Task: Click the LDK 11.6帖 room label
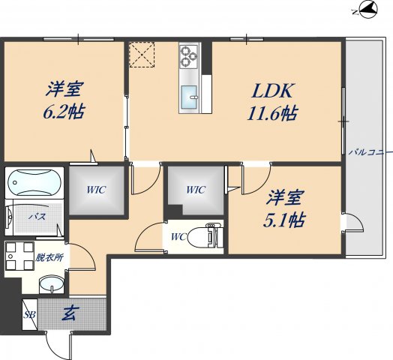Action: click(x=272, y=103)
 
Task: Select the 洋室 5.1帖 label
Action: click(x=287, y=211)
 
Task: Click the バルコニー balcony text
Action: click(x=370, y=152)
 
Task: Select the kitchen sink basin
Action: click(x=188, y=95)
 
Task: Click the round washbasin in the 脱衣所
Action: click(x=52, y=284)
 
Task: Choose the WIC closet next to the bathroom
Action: click(x=96, y=190)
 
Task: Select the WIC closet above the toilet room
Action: click(x=195, y=190)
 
